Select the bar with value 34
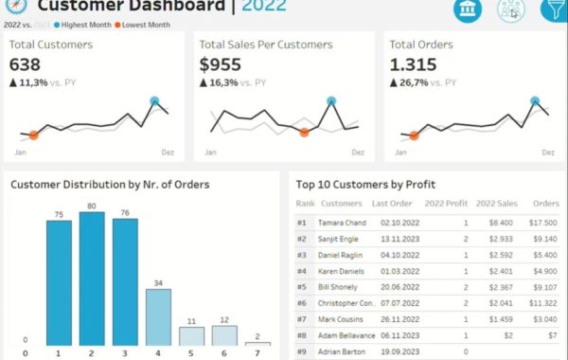coord(158,317)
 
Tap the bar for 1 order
coord(59,282)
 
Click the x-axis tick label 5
coord(191,354)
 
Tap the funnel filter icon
coord(553,9)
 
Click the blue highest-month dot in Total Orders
coord(535,100)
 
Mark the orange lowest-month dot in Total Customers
coord(34,135)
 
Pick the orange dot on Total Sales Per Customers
coord(304,133)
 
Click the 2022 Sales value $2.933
coord(501,239)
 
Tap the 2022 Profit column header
coord(448,203)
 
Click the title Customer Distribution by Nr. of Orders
coord(110,185)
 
